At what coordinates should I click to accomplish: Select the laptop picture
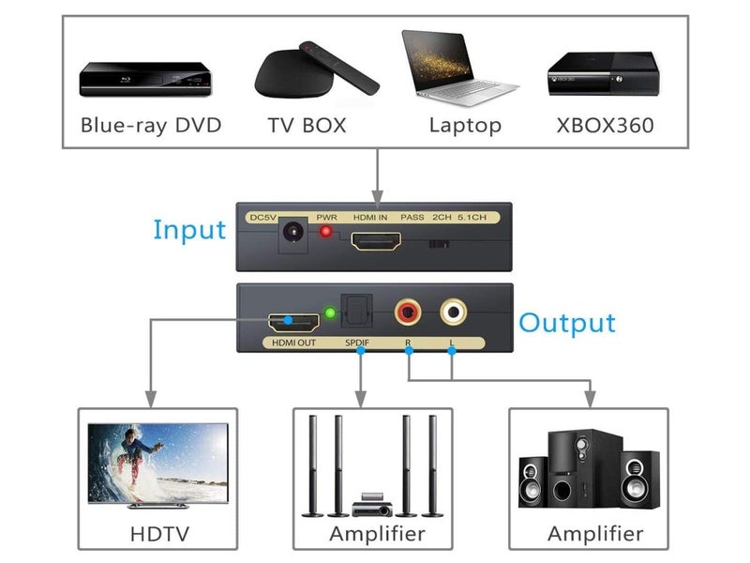point(458,68)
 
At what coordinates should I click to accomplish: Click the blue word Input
point(189,230)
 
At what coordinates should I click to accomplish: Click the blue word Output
point(567,324)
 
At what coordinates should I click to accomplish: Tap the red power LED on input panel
point(326,232)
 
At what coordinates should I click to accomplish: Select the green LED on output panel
point(329,313)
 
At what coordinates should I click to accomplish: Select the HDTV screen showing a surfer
point(157,464)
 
